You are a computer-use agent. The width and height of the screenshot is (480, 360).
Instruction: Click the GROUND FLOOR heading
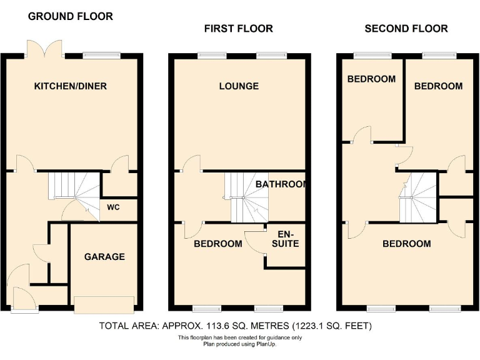click(71, 16)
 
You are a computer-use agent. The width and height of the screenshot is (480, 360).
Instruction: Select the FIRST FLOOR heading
click(238, 29)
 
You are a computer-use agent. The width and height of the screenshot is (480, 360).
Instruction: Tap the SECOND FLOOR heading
click(406, 29)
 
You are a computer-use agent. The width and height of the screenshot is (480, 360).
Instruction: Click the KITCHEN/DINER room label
click(70, 86)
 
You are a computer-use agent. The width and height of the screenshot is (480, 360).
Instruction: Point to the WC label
click(113, 207)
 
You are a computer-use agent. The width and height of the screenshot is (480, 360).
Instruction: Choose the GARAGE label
click(104, 256)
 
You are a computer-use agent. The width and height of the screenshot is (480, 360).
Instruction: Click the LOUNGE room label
click(239, 86)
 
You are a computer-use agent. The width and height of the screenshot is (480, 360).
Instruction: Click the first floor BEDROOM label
click(218, 244)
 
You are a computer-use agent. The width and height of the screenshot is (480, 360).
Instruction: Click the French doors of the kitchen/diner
click(44, 48)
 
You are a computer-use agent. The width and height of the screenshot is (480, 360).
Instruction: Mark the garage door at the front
click(103, 304)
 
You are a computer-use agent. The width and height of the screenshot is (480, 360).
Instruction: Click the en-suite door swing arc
click(252, 241)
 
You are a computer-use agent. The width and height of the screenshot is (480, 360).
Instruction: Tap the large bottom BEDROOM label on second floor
click(407, 244)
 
